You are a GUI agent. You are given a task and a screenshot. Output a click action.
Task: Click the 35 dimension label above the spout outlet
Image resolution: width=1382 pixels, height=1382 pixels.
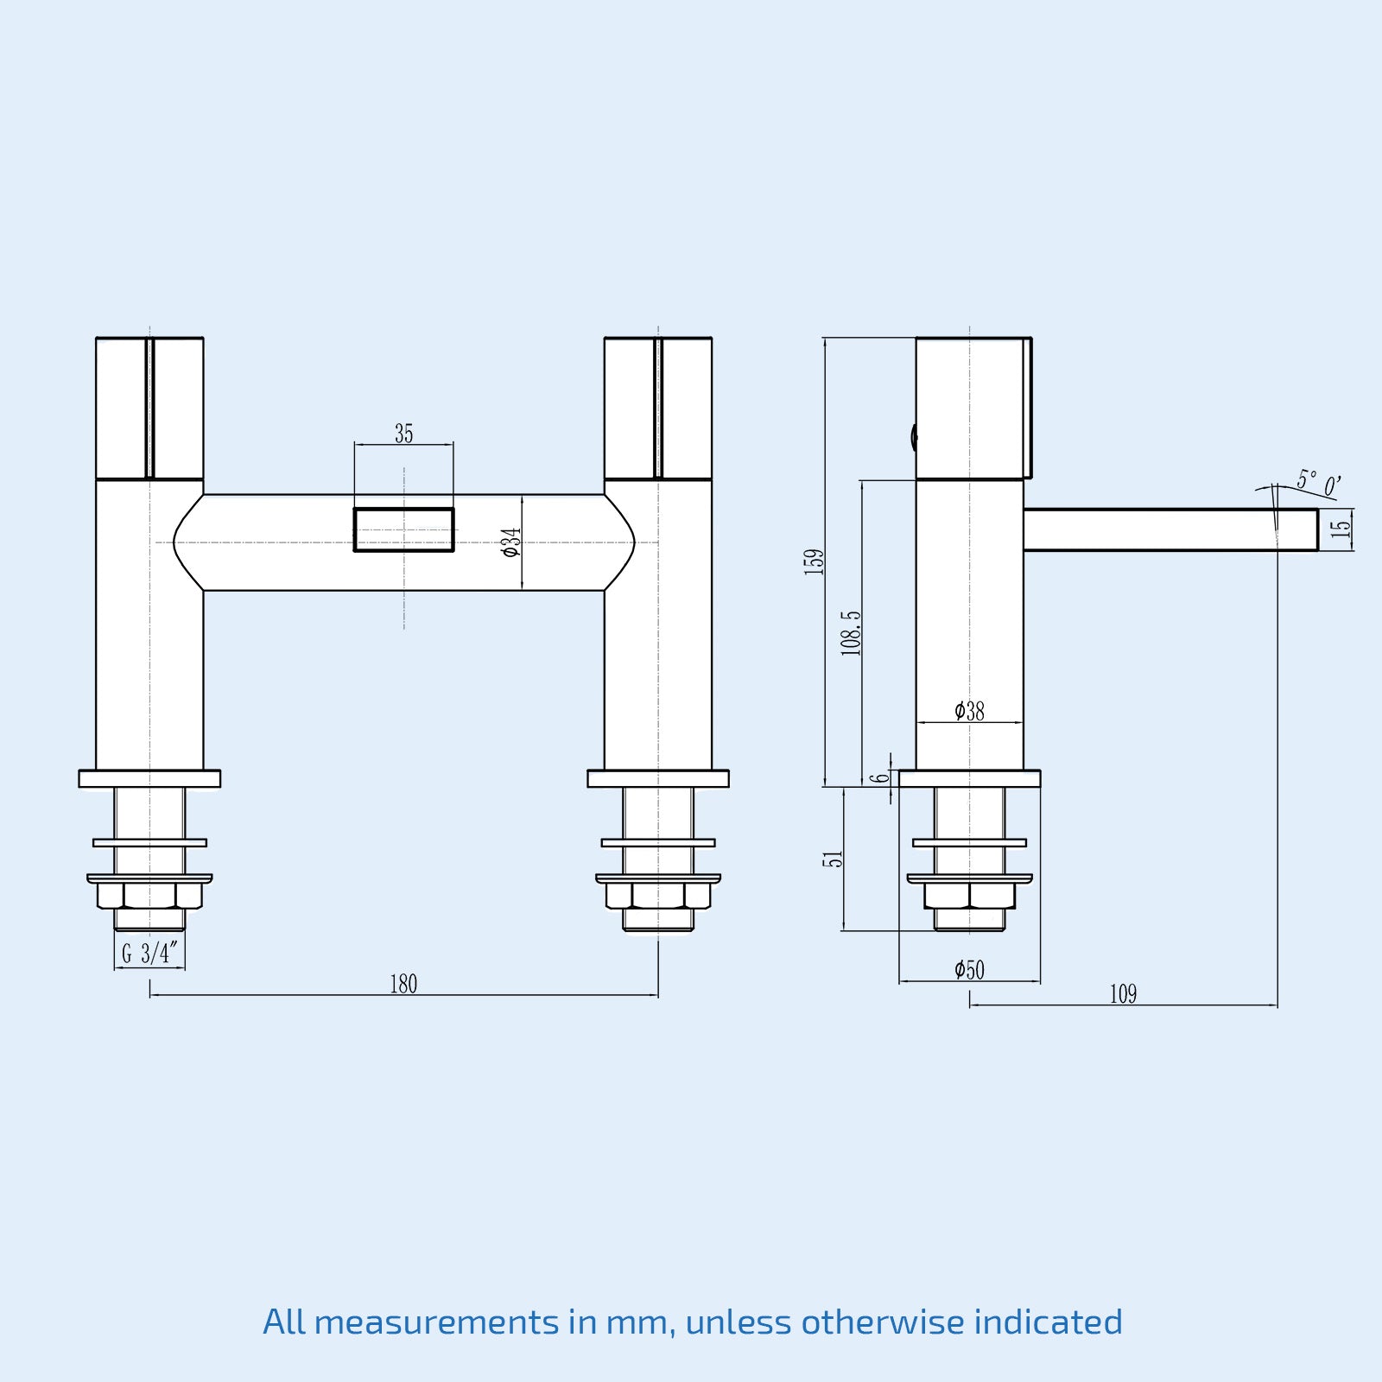(403, 434)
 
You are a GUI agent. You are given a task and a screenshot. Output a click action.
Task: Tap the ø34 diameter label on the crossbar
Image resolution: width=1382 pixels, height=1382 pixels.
(511, 542)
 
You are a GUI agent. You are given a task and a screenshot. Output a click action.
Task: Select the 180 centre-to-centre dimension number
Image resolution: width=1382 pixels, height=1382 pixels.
(403, 984)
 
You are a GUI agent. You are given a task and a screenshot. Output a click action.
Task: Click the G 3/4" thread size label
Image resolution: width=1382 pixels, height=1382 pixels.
(149, 954)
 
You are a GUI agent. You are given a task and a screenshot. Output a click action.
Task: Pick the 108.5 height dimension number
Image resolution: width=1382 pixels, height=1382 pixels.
(851, 632)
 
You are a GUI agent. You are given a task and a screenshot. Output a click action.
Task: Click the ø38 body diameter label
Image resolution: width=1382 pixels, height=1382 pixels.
(969, 711)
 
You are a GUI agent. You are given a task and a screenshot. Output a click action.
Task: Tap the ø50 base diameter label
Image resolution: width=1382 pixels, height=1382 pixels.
(969, 969)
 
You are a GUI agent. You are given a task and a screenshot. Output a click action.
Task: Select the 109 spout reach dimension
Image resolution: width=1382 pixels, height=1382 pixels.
(1123, 994)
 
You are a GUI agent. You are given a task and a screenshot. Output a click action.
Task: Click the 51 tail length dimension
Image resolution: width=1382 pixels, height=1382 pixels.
(832, 859)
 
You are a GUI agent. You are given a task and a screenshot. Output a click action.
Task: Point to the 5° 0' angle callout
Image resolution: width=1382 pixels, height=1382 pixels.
(1318, 483)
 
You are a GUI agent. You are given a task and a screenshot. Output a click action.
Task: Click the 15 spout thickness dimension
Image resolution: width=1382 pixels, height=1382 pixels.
(1341, 529)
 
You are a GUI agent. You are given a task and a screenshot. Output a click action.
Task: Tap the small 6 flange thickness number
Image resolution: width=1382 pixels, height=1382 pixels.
(880, 777)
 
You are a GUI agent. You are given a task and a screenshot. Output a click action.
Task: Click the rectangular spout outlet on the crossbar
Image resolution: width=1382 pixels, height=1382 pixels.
(403, 529)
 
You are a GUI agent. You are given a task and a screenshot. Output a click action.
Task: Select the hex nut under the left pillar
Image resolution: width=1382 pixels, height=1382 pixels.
(149, 895)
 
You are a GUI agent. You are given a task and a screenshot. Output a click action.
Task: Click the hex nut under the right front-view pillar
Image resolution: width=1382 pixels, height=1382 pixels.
(658, 895)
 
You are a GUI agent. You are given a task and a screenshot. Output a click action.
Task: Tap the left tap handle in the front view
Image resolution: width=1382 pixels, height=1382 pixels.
(149, 408)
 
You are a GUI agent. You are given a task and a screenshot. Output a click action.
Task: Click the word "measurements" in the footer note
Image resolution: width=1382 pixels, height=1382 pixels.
(436, 1322)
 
